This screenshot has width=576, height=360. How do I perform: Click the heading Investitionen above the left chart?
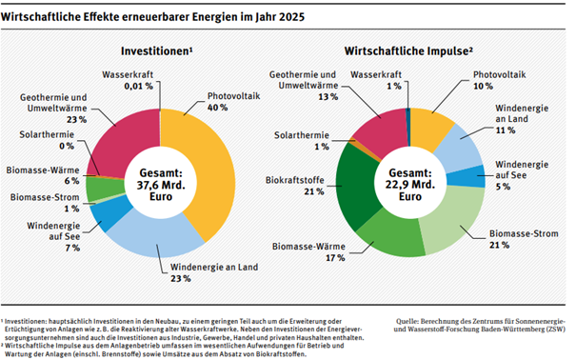pos(156,51)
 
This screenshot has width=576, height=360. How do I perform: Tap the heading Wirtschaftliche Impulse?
pos(407,51)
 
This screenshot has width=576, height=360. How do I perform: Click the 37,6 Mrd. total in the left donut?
pos(161,185)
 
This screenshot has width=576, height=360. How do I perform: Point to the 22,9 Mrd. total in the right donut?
pos(410,185)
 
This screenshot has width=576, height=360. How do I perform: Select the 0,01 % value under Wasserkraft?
pos(138,86)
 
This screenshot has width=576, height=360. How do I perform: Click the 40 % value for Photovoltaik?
pos(217,108)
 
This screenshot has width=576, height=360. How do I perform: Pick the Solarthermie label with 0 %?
pos(47,140)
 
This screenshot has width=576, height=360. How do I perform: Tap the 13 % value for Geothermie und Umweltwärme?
pos(328,97)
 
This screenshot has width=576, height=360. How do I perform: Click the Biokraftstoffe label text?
pos(295,180)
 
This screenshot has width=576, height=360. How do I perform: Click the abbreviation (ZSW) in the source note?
pos(556,330)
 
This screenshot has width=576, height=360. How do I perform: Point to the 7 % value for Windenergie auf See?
pos(72,249)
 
